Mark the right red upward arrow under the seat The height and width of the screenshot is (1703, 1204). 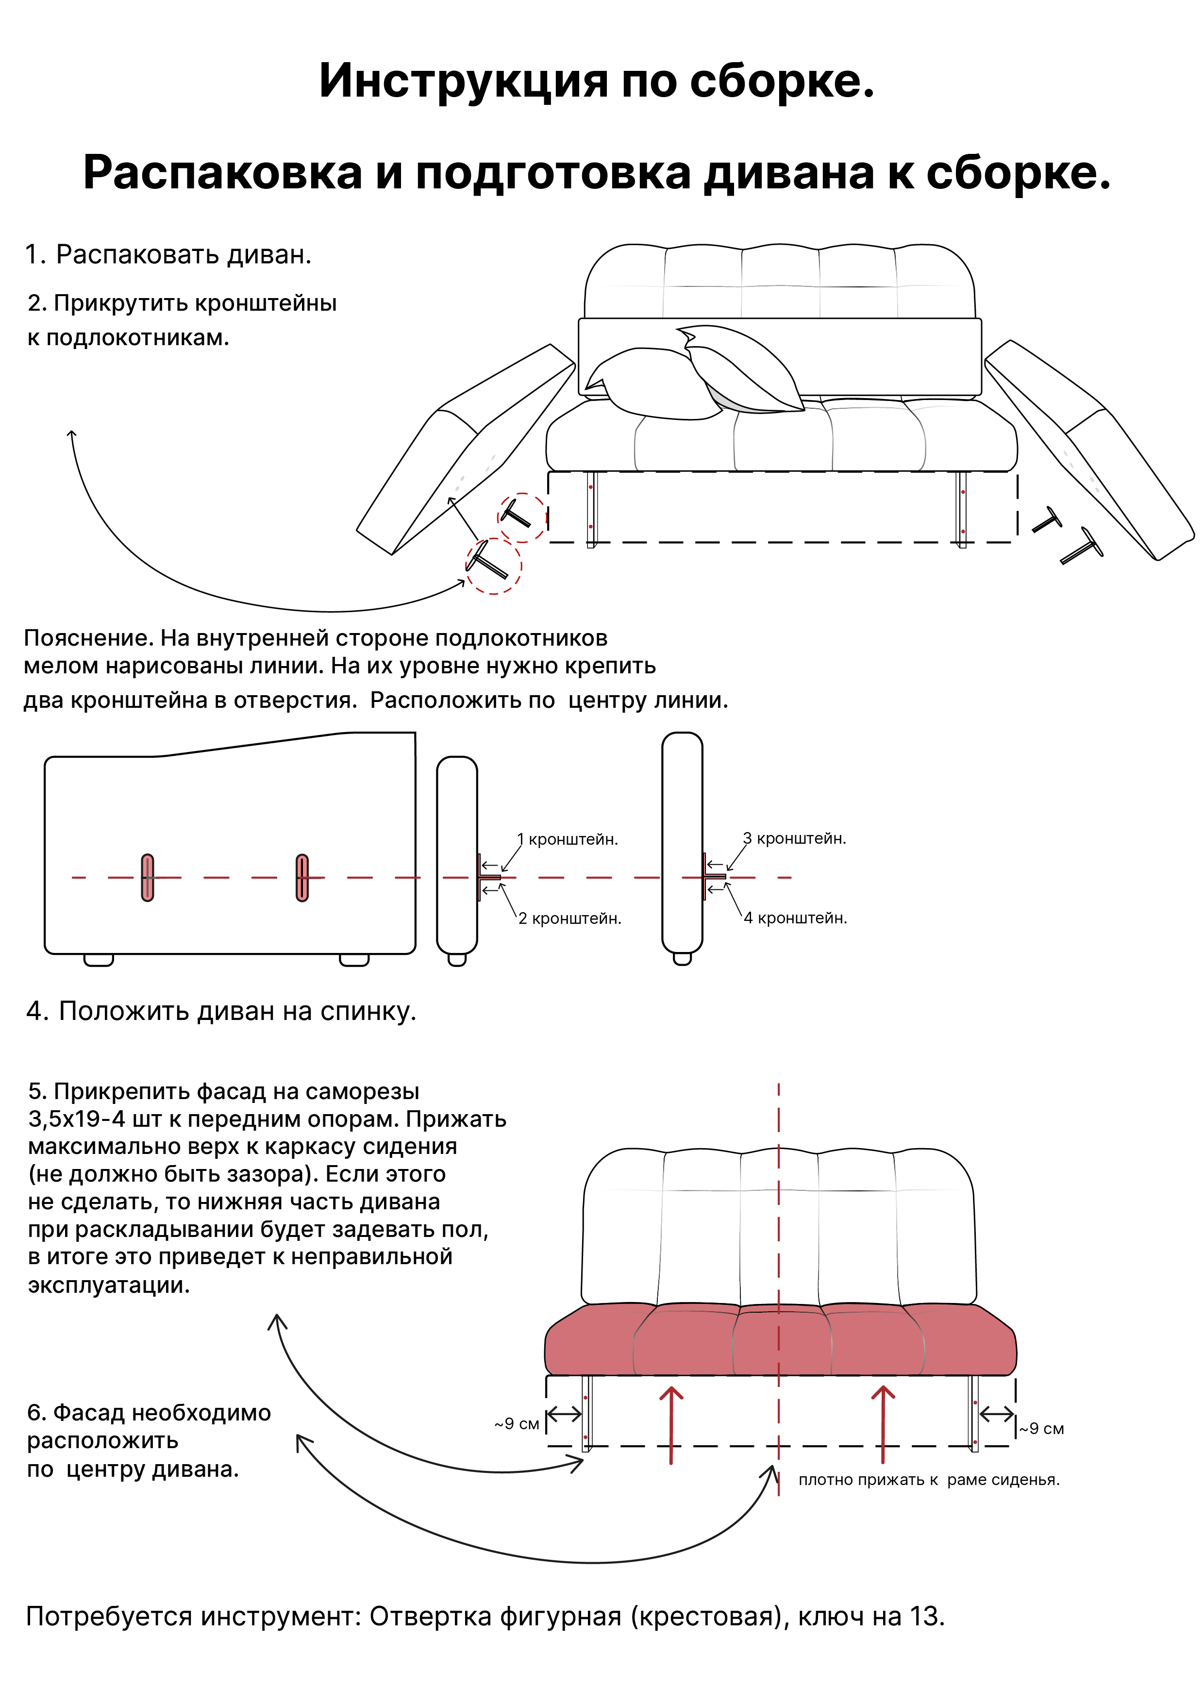tap(882, 1425)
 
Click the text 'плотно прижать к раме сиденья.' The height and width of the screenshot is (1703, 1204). tap(928, 1480)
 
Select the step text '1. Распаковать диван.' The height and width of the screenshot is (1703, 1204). tap(168, 254)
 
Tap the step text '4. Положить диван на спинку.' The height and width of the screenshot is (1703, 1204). tap(221, 1011)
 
